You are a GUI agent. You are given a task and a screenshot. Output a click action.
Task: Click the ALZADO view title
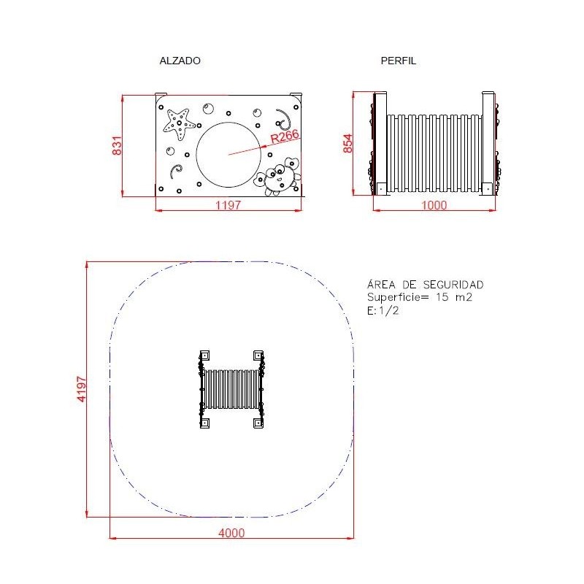click(180, 61)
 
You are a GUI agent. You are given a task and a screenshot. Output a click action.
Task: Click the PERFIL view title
click(398, 61)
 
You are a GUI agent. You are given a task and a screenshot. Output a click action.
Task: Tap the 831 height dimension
click(117, 145)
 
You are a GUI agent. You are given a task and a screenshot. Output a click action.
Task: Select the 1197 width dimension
click(228, 205)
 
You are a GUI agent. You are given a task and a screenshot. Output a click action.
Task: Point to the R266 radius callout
click(285, 137)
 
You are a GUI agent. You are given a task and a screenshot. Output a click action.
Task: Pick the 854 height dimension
click(347, 143)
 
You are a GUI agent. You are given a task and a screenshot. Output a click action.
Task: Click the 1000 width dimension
click(434, 205)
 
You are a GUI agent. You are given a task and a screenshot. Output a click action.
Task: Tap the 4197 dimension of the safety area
click(81, 389)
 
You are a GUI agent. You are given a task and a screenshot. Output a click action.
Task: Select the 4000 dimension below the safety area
click(231, 533)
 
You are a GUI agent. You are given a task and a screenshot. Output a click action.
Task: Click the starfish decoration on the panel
click(179, 123)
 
